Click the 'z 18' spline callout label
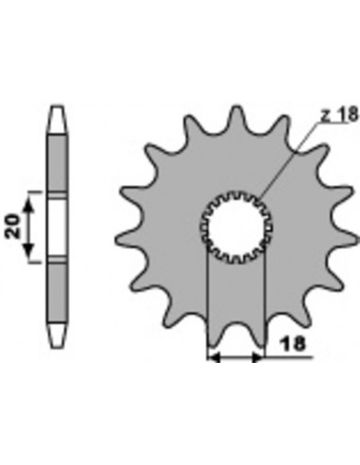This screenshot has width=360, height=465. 339,114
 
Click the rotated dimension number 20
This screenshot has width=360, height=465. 13,227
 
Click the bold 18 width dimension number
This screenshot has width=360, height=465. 293,344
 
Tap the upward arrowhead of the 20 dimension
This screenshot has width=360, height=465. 29,205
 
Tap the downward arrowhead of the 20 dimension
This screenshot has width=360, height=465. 28,249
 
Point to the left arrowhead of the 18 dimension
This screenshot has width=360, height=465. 214,357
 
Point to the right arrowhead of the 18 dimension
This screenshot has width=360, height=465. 257,357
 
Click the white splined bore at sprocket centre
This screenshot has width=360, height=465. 236,228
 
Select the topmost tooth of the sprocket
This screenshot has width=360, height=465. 236,117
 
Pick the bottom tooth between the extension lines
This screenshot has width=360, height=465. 236,334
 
